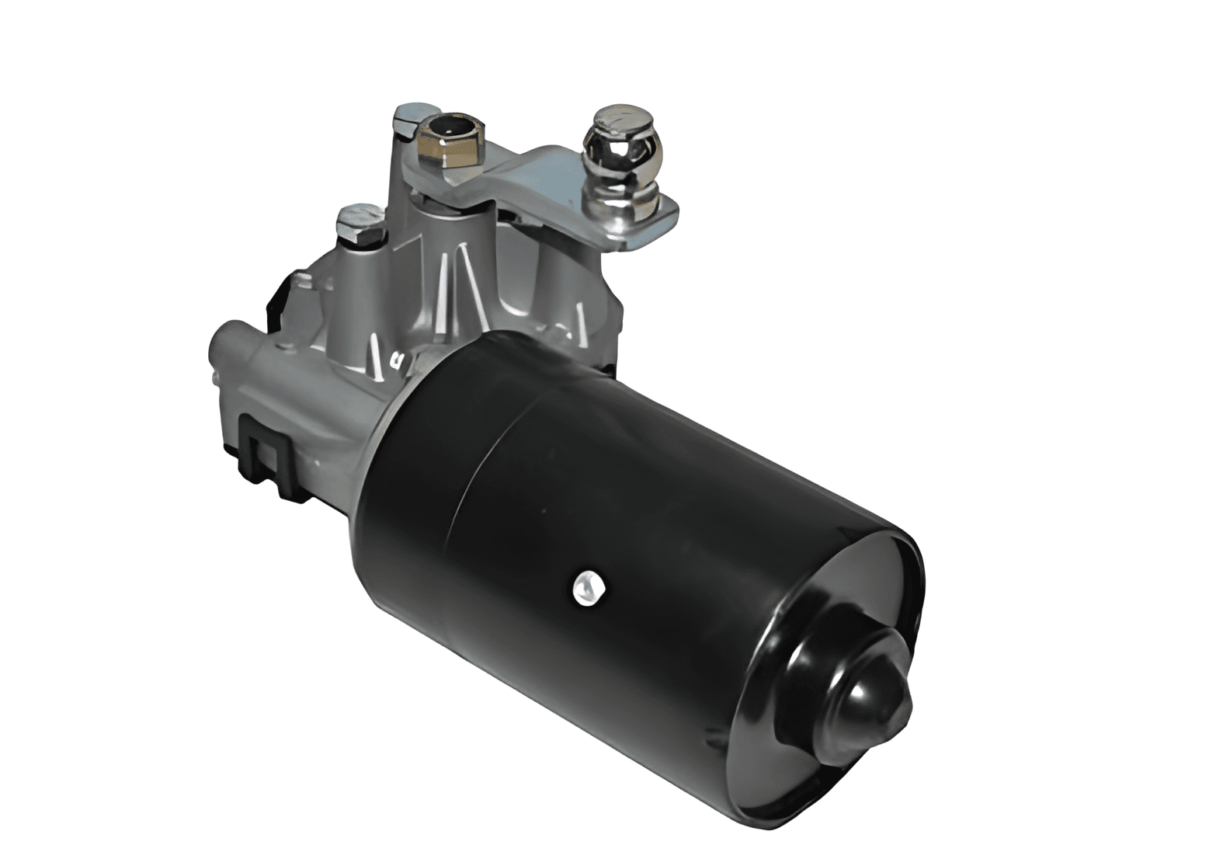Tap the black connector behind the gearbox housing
point(281,303)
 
